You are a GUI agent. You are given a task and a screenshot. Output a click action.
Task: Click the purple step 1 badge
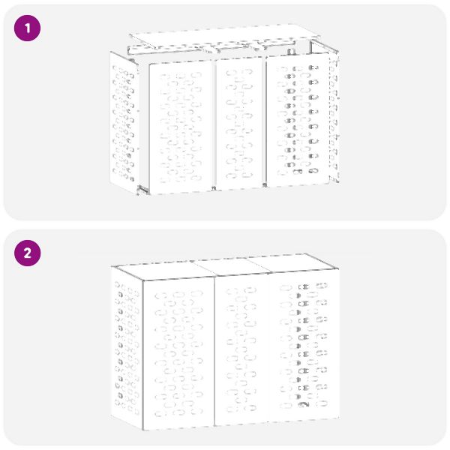point(27,28)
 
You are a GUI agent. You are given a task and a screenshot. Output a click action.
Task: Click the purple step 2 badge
point(27,253)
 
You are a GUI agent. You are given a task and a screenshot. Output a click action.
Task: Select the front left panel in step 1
point(181,127)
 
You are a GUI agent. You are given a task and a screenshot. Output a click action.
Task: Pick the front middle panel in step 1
point(239,123)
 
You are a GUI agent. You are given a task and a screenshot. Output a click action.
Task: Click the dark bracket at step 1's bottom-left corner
point(142,190)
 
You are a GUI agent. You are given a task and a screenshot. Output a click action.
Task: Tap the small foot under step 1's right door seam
point(265,185)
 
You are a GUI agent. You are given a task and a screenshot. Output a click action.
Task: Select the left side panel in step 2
point(127,348)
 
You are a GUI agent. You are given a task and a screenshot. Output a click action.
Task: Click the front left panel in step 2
point(178,354)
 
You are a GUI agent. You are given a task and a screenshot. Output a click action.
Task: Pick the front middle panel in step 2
point(241,349)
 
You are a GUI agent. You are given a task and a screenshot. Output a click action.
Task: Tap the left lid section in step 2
point(165,270)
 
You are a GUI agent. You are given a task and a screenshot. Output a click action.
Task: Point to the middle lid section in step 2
point(231,266)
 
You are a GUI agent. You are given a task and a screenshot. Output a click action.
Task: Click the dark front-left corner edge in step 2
point(142,355)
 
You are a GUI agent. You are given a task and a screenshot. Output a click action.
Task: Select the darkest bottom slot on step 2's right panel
point(303,404)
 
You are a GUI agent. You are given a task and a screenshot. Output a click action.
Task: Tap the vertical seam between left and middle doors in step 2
point(214,351)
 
